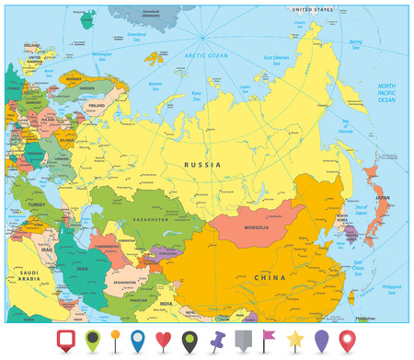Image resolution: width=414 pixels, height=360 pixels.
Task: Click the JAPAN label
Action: point(380,196)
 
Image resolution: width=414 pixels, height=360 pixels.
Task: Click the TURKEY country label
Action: point(36,203)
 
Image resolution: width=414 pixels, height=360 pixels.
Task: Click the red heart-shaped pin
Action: point(163,339)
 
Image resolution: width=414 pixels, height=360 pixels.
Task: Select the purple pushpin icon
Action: point(216,339)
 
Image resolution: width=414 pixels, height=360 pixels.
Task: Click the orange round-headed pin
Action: point(114,339)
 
